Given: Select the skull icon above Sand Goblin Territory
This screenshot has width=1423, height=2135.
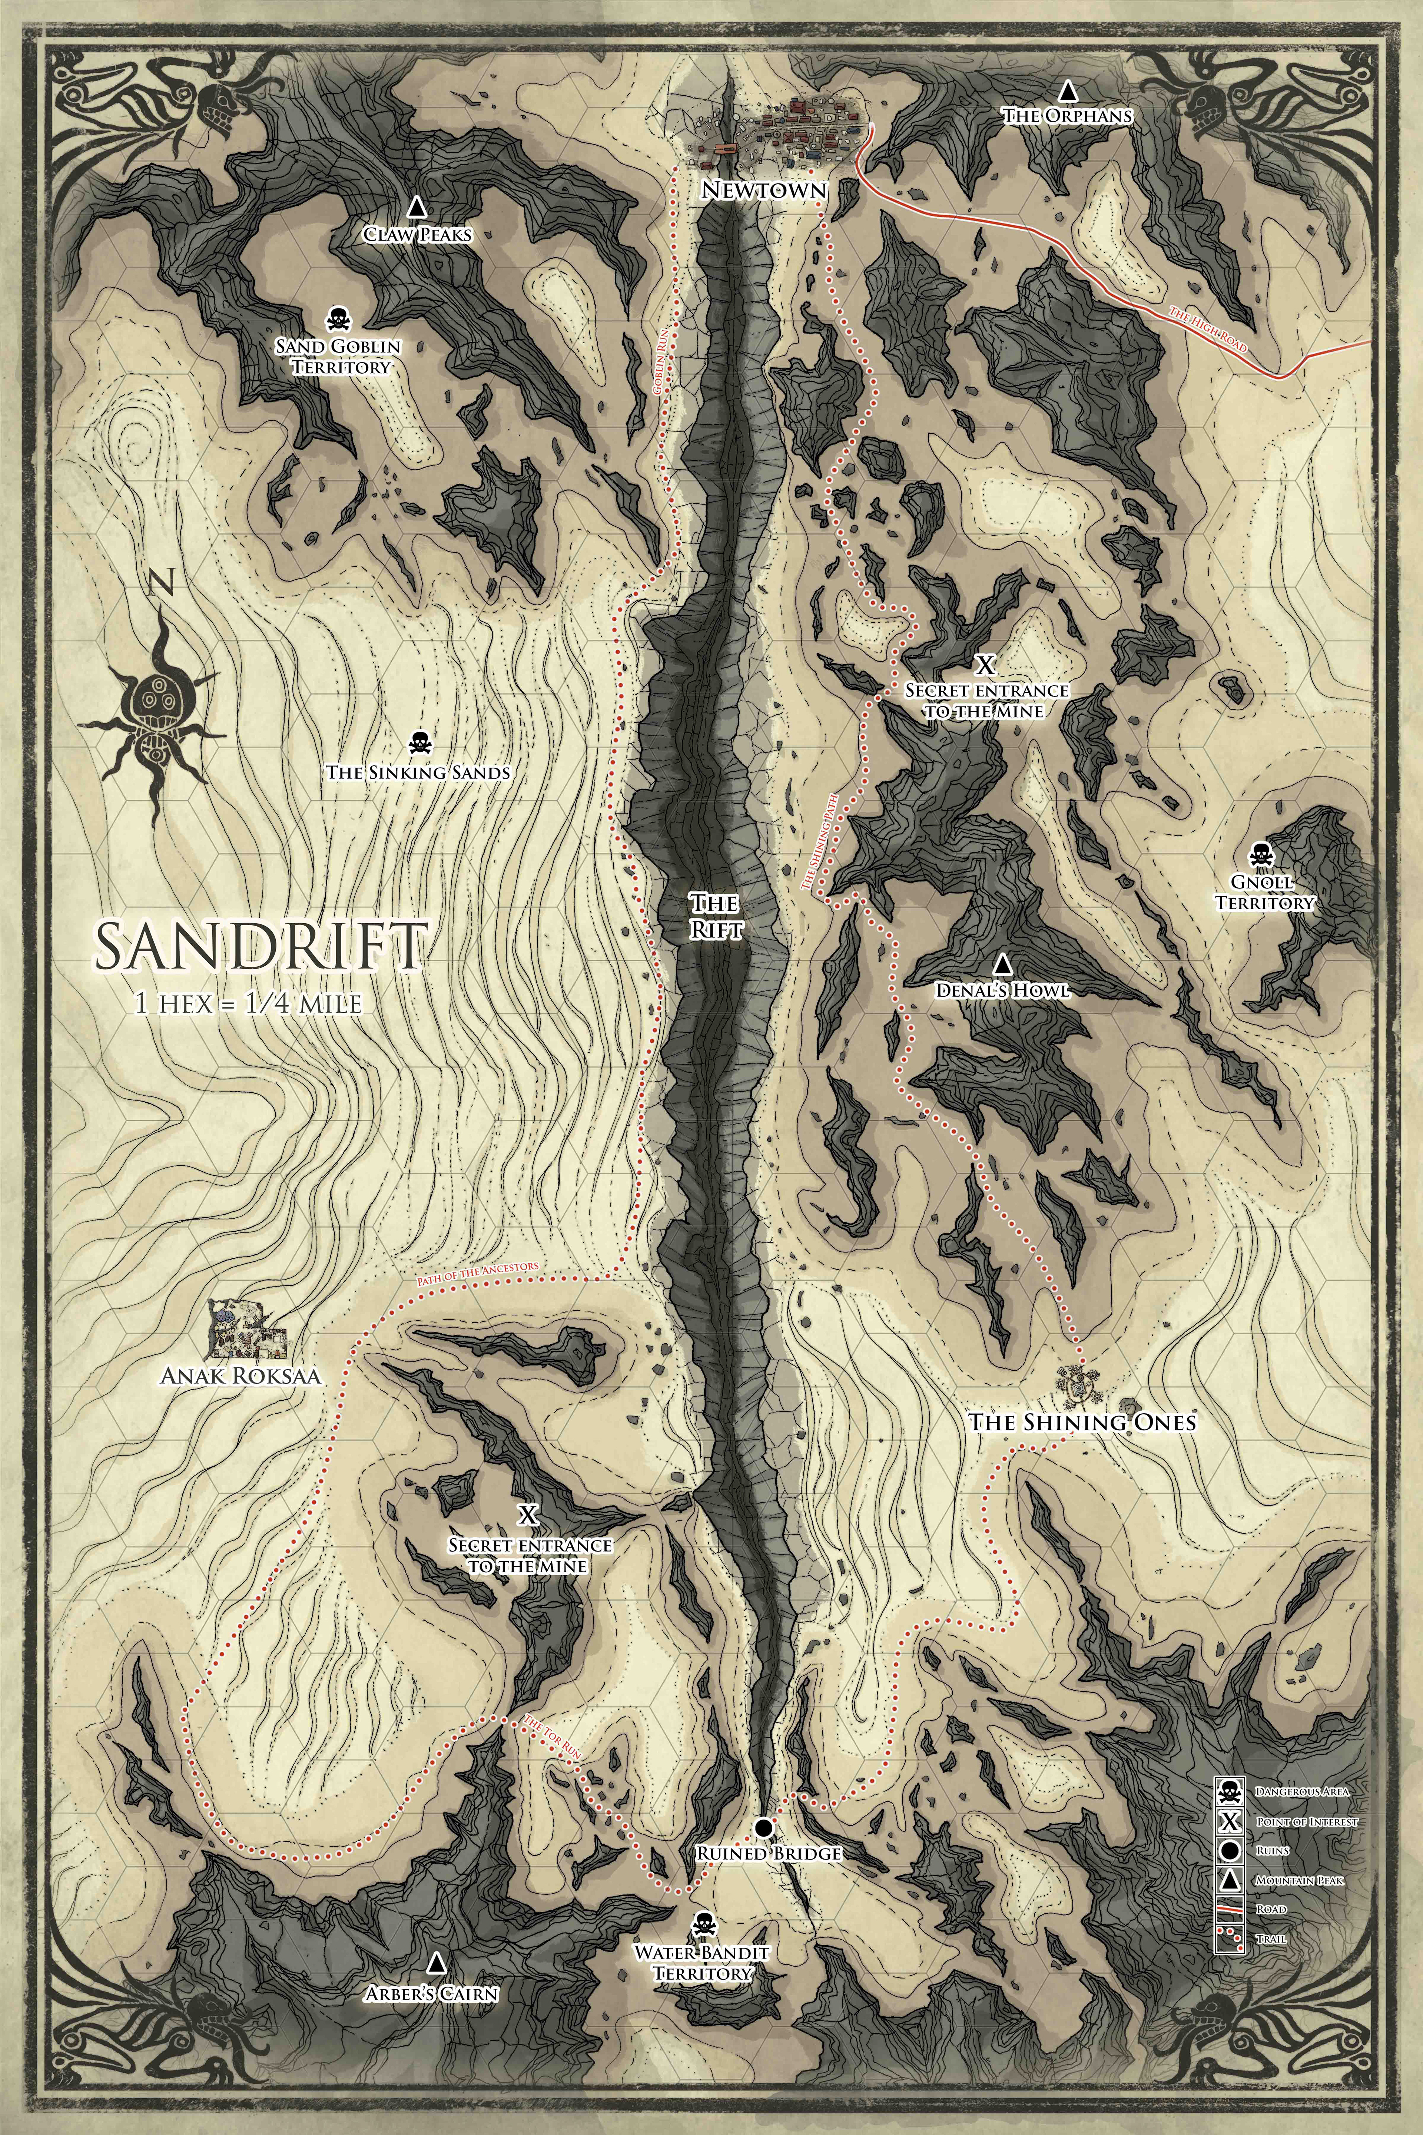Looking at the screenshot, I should [x=338, y=320].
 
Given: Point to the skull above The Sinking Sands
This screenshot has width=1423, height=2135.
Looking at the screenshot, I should [x=418, y=742].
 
